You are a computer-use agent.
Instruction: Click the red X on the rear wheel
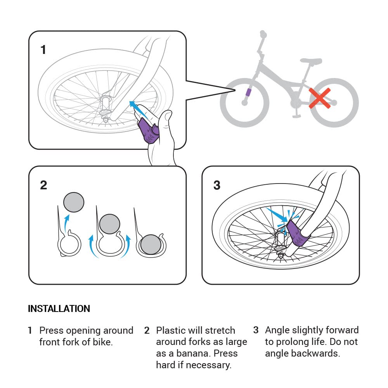pyautogui.click(x=320, y=98)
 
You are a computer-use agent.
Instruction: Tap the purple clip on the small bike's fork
pyautogui.click(x=248, y=93)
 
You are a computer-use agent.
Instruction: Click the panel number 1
pyautogui.click(x=43, y=50)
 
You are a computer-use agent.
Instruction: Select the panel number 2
pyautogui.click(x=43, y=185)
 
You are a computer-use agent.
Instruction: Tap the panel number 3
pyautogui.click(x=217, y=185)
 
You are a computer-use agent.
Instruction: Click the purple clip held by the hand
pyautogui.click(x=148, y=131)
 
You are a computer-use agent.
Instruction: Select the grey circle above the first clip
pyautogui.click(x=74, y=203)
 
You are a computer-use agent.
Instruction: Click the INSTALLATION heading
pyautogui.click(x=59, y=309)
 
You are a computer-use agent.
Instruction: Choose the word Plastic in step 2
pyautogui.click(x=170, y=331)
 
